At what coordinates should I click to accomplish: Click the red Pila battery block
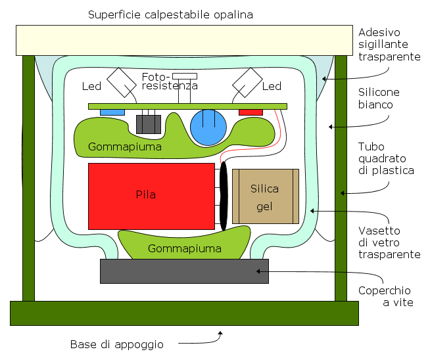coord(151,196)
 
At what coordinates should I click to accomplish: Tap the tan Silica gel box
coord(266,196)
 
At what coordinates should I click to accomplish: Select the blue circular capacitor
coord(208,127)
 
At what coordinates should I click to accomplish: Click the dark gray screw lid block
coord(184,271)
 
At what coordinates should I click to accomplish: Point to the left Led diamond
coord(122,83)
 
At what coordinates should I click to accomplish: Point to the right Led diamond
coord(247,83)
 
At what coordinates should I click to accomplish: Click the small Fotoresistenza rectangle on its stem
coord(185,76)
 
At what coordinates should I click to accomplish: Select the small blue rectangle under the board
coord(112,112)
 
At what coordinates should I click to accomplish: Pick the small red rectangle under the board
coord(251,112)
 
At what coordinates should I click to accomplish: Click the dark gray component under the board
coord(149,124)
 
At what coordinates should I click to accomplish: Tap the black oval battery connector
coord(224,196)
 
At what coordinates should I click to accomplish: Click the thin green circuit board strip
coord(187,106)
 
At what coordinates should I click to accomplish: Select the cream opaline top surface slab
coord(184,40)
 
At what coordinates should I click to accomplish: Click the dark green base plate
coord(184,313)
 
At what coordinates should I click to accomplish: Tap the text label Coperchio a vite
coord(385,296)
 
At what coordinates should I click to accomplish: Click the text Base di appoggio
coord(117,344)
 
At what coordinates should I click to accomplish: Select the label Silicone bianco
coord(379,99)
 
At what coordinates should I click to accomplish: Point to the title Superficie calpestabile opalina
coord(170,14)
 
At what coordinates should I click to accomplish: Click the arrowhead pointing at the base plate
coord(220,333)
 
